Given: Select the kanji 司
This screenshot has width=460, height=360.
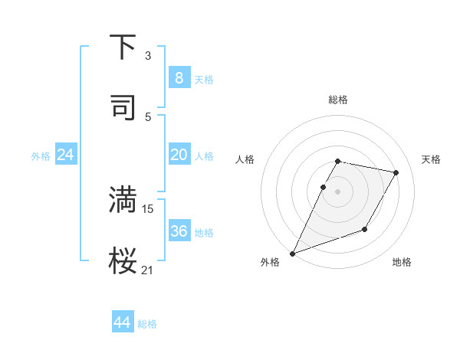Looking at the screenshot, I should pyautogui.click(x=123, y=106).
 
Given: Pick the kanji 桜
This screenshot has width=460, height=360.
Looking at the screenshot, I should pyautogui.click(x=123, y=260).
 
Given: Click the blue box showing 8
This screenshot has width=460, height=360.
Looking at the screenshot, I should pyautogui.click(x=179, y=78).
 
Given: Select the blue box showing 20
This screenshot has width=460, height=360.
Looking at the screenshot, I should pyautogui.click(x=179, y=155).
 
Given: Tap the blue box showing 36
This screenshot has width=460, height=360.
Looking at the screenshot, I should pyautogui.click(x=179, y=231).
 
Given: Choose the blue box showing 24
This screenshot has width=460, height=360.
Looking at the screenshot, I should pyautogui.click(x=66, y=155).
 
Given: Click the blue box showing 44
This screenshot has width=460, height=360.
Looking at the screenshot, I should pyautogui.click(x=122, y=322).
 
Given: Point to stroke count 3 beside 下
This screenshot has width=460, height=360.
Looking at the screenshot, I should pyautogui.click(x=148, y=56).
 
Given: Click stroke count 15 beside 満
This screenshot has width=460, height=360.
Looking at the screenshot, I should pyautogui.click(x=148, y=208).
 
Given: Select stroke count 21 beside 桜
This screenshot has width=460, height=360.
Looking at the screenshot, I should pyautogui.click(x=148, y=269).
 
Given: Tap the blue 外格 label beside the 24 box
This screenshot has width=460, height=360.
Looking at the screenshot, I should pyautogui.click(x=41, y=155).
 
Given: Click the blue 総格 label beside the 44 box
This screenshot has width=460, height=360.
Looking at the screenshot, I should pyautogui.click(x=147, y=324).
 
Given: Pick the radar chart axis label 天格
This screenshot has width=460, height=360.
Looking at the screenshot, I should pyautogui.click(x=432, y=159).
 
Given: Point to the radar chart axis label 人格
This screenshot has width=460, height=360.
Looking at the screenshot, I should pyautogui.click(x=245, y=159).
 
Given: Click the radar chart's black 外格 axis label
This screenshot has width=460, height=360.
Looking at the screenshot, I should pyautogui.click(x=270, y=262).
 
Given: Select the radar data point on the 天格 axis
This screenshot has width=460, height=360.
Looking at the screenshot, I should pyautogui.click(x=396, y=173).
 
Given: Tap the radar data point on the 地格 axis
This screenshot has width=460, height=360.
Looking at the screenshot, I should pyautogui.click(x=365, y=229).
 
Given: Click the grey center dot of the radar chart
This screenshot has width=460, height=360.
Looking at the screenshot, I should pyautogui.click(x=337, y=191).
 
